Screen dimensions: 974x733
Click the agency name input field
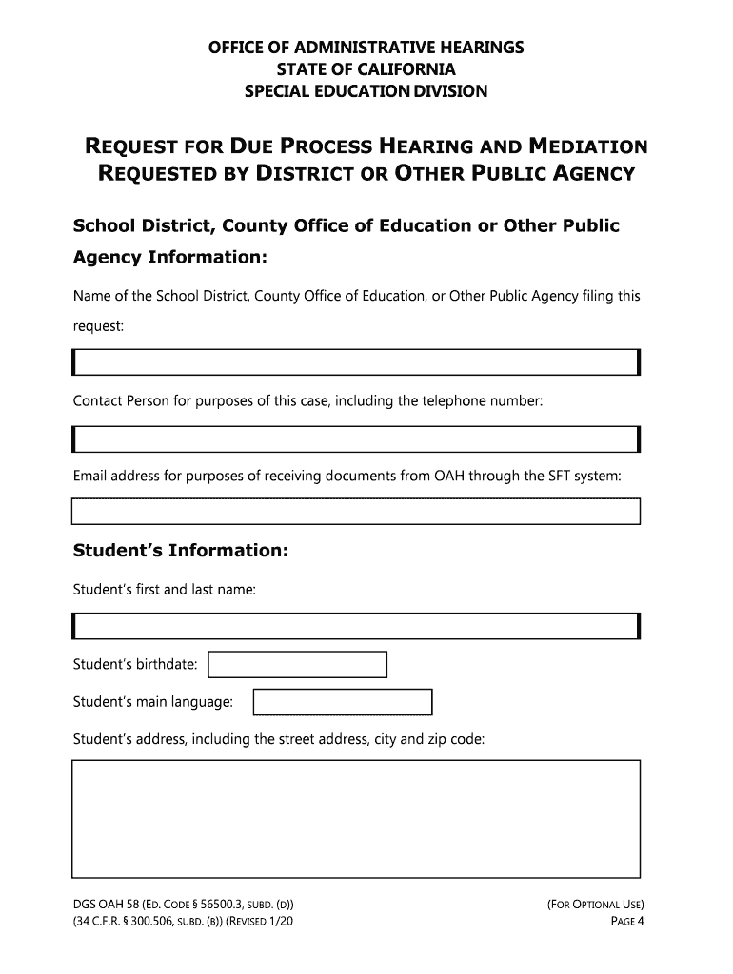(355, 362)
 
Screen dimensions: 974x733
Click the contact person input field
(355, 438)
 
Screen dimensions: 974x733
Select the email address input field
(355, 512)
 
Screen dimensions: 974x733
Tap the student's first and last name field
(355, 626)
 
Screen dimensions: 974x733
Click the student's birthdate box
(297, 664)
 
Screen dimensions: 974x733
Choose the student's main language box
(342, 702)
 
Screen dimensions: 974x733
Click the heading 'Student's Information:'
(180, 552)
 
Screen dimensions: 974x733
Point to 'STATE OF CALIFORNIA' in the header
(366, 69)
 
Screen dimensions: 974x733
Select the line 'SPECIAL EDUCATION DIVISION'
(366, 91)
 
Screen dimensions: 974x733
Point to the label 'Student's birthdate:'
(136, 664)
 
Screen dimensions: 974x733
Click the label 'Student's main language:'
(153, 702)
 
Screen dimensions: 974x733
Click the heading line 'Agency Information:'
(170, 259)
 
